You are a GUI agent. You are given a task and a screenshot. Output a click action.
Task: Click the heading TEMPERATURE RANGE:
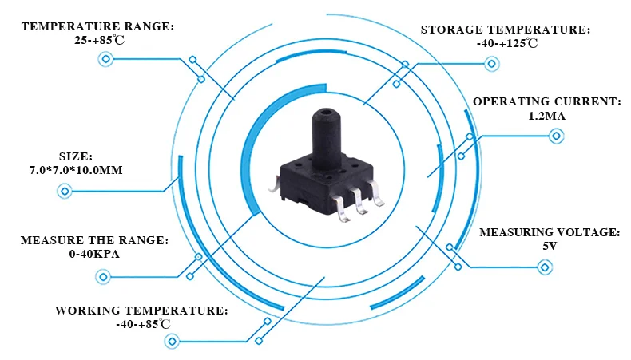point(97,26)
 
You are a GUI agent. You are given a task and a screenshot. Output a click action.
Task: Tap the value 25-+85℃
point(99,40)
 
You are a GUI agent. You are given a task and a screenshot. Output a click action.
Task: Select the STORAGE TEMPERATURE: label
point(506,30)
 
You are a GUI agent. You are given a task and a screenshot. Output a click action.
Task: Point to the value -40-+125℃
point(507,43)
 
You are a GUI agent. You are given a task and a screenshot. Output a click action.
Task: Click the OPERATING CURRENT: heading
point(547,101)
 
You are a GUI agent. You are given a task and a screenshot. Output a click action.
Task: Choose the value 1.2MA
point(547,116)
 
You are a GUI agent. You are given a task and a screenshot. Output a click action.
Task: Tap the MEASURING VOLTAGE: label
point(550,232)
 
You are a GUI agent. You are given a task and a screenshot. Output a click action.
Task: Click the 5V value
point(550,246)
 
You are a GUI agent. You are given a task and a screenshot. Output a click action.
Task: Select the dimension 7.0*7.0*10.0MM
point(76,170)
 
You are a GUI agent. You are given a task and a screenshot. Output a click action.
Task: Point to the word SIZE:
point(76,156)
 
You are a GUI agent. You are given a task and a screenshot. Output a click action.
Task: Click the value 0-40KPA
point(94,254)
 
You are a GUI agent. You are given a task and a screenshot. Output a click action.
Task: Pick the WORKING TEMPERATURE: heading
point(141,311)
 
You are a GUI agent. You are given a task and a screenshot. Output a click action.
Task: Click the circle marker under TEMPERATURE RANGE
point(106,60)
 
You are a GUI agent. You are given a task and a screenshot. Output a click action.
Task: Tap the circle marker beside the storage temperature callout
point(491,64)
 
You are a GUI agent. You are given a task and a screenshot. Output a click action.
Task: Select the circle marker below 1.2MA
point(556,136)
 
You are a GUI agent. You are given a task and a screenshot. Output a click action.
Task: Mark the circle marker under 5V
point(545,267)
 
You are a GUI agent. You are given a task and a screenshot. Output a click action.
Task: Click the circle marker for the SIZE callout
point(65,191)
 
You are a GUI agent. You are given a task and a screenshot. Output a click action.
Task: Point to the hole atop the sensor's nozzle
point(327,110)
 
